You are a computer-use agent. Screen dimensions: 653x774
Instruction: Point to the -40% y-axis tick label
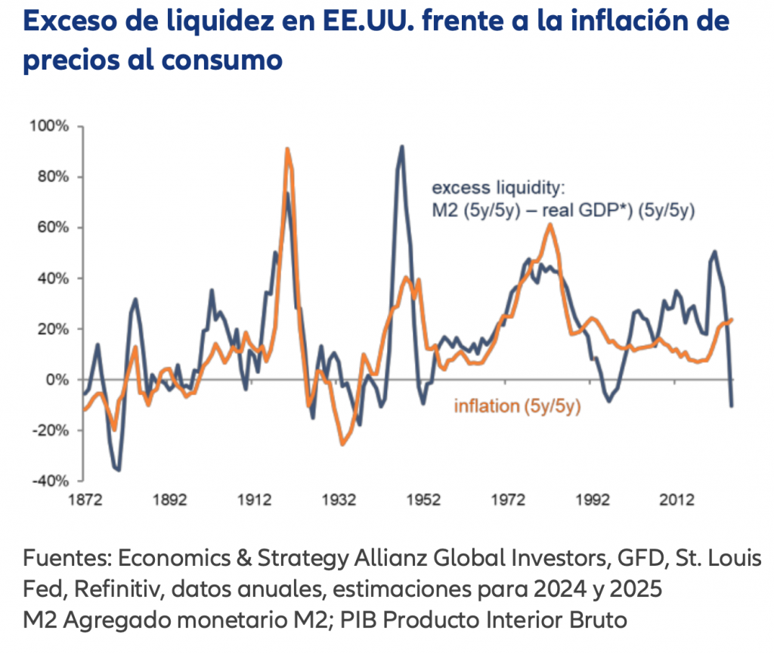[51, 480]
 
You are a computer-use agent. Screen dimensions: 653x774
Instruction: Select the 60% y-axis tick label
[53, 228]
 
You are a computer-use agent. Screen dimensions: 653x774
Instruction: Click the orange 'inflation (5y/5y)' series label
[516, 406]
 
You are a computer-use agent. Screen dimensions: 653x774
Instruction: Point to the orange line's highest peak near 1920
[287, 149]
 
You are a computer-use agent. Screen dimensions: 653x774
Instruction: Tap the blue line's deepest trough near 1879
[119, 470]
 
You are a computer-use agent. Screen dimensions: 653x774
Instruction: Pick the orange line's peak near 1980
[550, 224]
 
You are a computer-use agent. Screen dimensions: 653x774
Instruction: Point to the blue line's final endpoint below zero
[732, 406]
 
